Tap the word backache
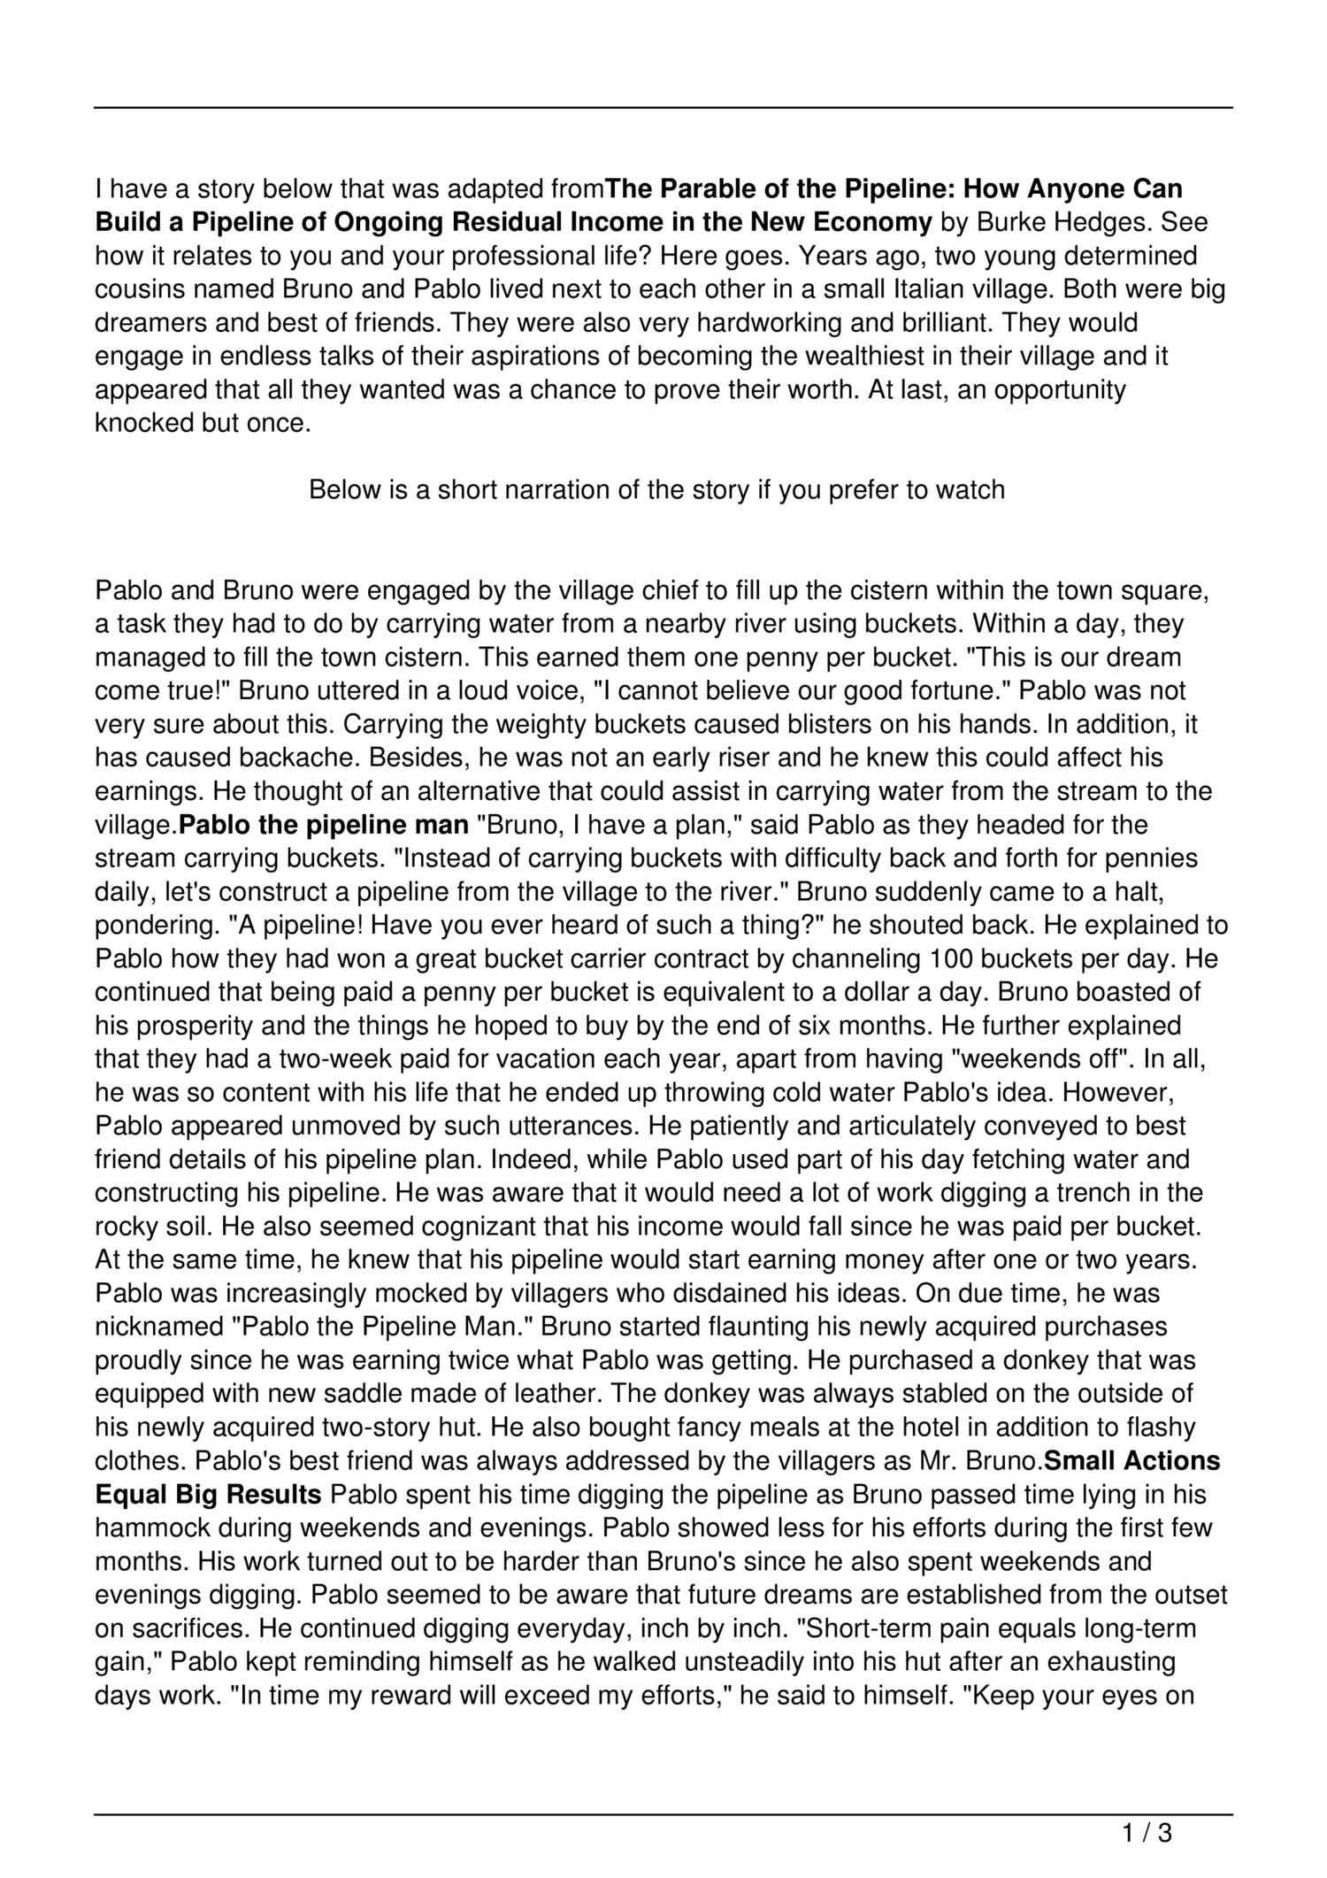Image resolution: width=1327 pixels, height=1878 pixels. (299, 758)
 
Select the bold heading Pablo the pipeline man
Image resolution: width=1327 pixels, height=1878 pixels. (324, 826)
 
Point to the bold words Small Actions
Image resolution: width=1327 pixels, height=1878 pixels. (1132, 1461)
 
